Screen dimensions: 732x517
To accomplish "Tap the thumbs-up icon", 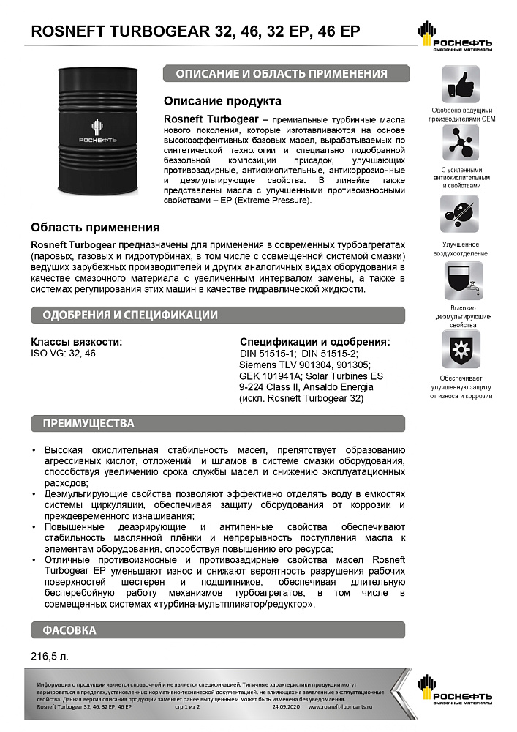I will (x=461, y=84).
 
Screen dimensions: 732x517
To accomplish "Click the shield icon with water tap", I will (x=461, y=280).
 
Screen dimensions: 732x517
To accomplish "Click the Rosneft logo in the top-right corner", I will (x=454, y=36).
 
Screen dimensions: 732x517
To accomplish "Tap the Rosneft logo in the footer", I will (x=454, y=692).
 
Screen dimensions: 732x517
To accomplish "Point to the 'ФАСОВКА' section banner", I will (x=69, y=630).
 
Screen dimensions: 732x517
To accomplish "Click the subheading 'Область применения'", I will (x=95, y=228).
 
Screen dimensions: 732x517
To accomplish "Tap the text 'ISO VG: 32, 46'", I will (x=63, y=353).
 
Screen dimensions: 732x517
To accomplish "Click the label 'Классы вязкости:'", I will (x=76, y=341).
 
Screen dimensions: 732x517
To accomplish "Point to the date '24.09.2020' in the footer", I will (x=287, y=708).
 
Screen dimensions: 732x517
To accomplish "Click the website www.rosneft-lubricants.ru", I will (x=340, y=708).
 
